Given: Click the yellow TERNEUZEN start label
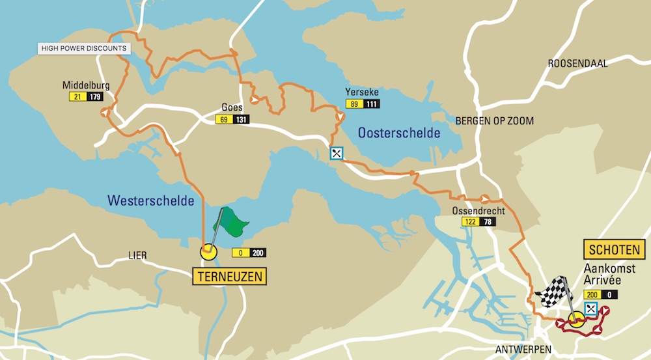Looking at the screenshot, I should pyautogui.click(x=230, y=277).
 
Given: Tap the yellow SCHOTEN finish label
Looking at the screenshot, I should pyautogui.click(x=615, y=249).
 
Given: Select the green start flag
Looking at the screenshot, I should pyautogui.click(x=232, y=223).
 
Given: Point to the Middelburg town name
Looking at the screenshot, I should pyautogui.click(x=85, y=85).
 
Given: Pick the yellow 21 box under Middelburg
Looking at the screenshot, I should pyautogui.click(x=77, y=97).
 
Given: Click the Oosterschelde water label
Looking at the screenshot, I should pyautogui.click(x=398, y=133).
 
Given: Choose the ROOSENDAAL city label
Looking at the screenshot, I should pyautogui.click(x=577, y=64).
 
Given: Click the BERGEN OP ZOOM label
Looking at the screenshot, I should pyautogui.click(x=494, y=121).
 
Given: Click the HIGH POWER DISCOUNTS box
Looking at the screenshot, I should pyautogui.click(x=84, y=48).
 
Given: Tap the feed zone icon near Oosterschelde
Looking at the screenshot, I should pyautogui.click(x=336, y=154).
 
